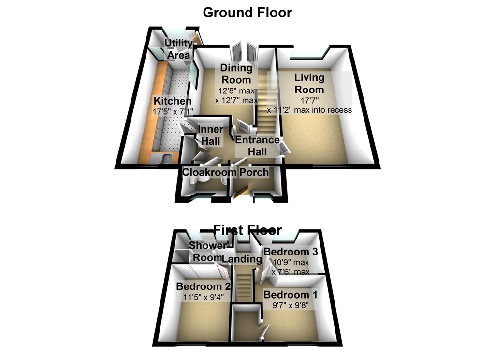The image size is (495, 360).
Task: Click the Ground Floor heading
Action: tap(247, 12)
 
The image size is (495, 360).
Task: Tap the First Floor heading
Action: tap(247, 229)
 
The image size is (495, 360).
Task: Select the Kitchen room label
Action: tap(173, 101)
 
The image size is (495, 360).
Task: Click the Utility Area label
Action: tap(178, 49)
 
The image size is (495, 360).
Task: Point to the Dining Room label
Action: tap(236, 74)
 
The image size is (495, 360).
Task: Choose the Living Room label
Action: tap(309, 83)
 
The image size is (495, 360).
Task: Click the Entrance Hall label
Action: tap(257, 146)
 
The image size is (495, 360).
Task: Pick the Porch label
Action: tap(253, 173)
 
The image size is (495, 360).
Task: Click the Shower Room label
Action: tap(207, 252)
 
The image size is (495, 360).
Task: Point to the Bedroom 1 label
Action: tap(286, 295)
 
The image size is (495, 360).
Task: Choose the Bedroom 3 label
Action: tap(287, 252)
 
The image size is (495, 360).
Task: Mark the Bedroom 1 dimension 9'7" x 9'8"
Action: tap(286, 305)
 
